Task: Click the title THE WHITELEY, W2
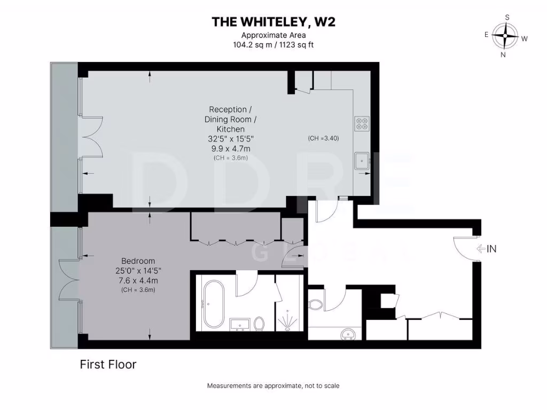(x=273, y=22)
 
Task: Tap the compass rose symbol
(x=505, y=36)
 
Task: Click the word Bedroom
(x=138, y=261)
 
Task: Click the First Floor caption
(x=108, y=365)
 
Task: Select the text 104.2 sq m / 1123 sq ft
(x=273, y=45)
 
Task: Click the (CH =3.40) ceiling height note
(x=323, y=138)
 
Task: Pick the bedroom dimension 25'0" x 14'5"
(x=138, y=271)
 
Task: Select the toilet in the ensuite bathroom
(x=260, y=323)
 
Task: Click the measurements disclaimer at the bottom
(x=273, y=385)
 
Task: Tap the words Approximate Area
(x=273, y=35)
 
